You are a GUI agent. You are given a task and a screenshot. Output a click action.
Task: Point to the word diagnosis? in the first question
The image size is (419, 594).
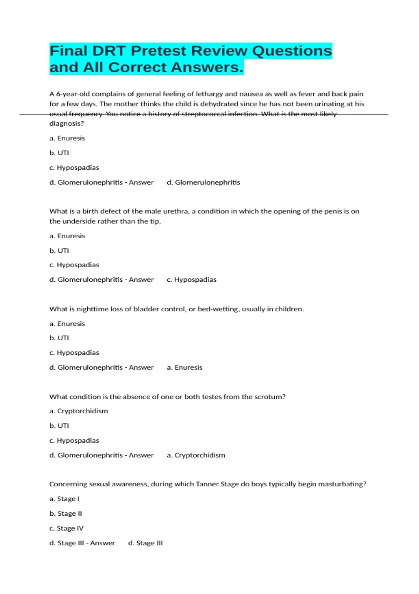pyautogui.click(x=67, y=123)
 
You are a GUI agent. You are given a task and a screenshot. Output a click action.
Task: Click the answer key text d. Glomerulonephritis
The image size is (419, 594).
pyautogui.click(x=204, y=182)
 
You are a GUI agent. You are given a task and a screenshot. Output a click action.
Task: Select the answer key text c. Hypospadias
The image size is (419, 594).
pyautogui.click(x=192, y=280)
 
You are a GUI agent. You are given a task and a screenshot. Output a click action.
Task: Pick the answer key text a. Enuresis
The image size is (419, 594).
pyautogui.click(x=185, y=367)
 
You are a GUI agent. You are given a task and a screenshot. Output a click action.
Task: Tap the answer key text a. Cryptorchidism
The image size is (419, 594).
pyautogui.click(x=196, y=455)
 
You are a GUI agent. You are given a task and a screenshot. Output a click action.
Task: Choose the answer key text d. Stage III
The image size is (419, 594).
pyautogui.click(x=145, y=543)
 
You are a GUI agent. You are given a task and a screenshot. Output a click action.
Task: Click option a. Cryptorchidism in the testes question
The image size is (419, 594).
pyautogui.click(x=79, y=411)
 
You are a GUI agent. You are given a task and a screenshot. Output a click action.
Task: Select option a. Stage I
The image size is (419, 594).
pyautogui.click(x=65, y=499)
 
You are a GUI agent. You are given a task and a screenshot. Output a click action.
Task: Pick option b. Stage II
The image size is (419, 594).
pyautogui.click(x=66, y=514)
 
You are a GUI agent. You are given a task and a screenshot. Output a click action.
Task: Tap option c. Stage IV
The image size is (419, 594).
pyautogui.click(x=66, y=528)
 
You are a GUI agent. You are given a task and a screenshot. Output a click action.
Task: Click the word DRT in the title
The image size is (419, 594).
pyautogui.click(x=109, y=51)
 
